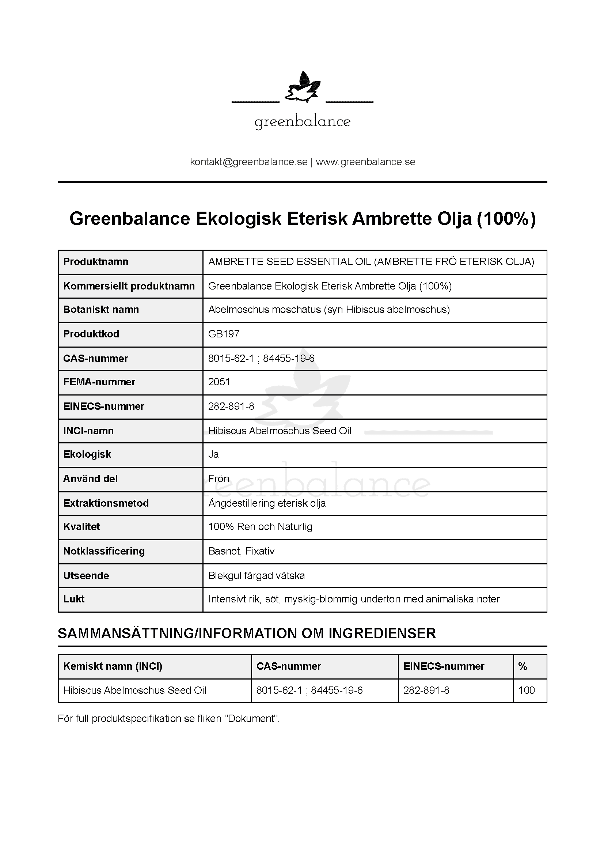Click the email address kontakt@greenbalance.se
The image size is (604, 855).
[248, 162]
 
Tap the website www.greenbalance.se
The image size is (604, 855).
[365, 162]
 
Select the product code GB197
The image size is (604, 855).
[224, 334]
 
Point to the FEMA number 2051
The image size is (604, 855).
[219, 382]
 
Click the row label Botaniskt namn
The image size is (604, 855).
[101, 310]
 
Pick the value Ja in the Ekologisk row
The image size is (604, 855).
[213, 454]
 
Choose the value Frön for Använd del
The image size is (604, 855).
[219, 478]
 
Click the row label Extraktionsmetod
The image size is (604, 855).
[106, 503]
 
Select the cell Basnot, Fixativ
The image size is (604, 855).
[241, 551]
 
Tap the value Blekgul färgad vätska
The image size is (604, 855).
[257, 576]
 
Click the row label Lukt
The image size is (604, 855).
[74, 599]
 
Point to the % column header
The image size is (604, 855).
[523, 666]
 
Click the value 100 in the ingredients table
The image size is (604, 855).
[526, 691]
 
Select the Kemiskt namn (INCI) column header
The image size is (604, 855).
[113, 666]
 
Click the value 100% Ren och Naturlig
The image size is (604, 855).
[260, 527]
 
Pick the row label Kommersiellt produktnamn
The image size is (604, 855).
[129, 286]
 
